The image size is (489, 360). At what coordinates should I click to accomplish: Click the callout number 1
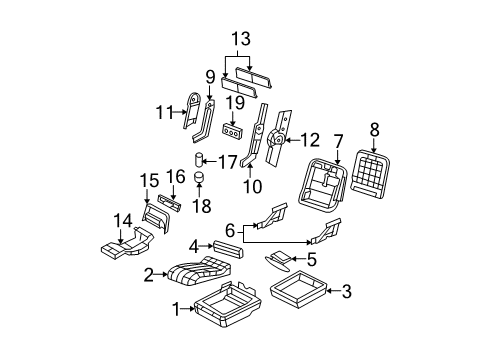[178, 311]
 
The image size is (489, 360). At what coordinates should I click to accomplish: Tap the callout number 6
[229, 229]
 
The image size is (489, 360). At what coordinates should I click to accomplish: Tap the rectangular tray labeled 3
[299, 293]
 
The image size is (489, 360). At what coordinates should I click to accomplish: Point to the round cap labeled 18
[199, 178]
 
